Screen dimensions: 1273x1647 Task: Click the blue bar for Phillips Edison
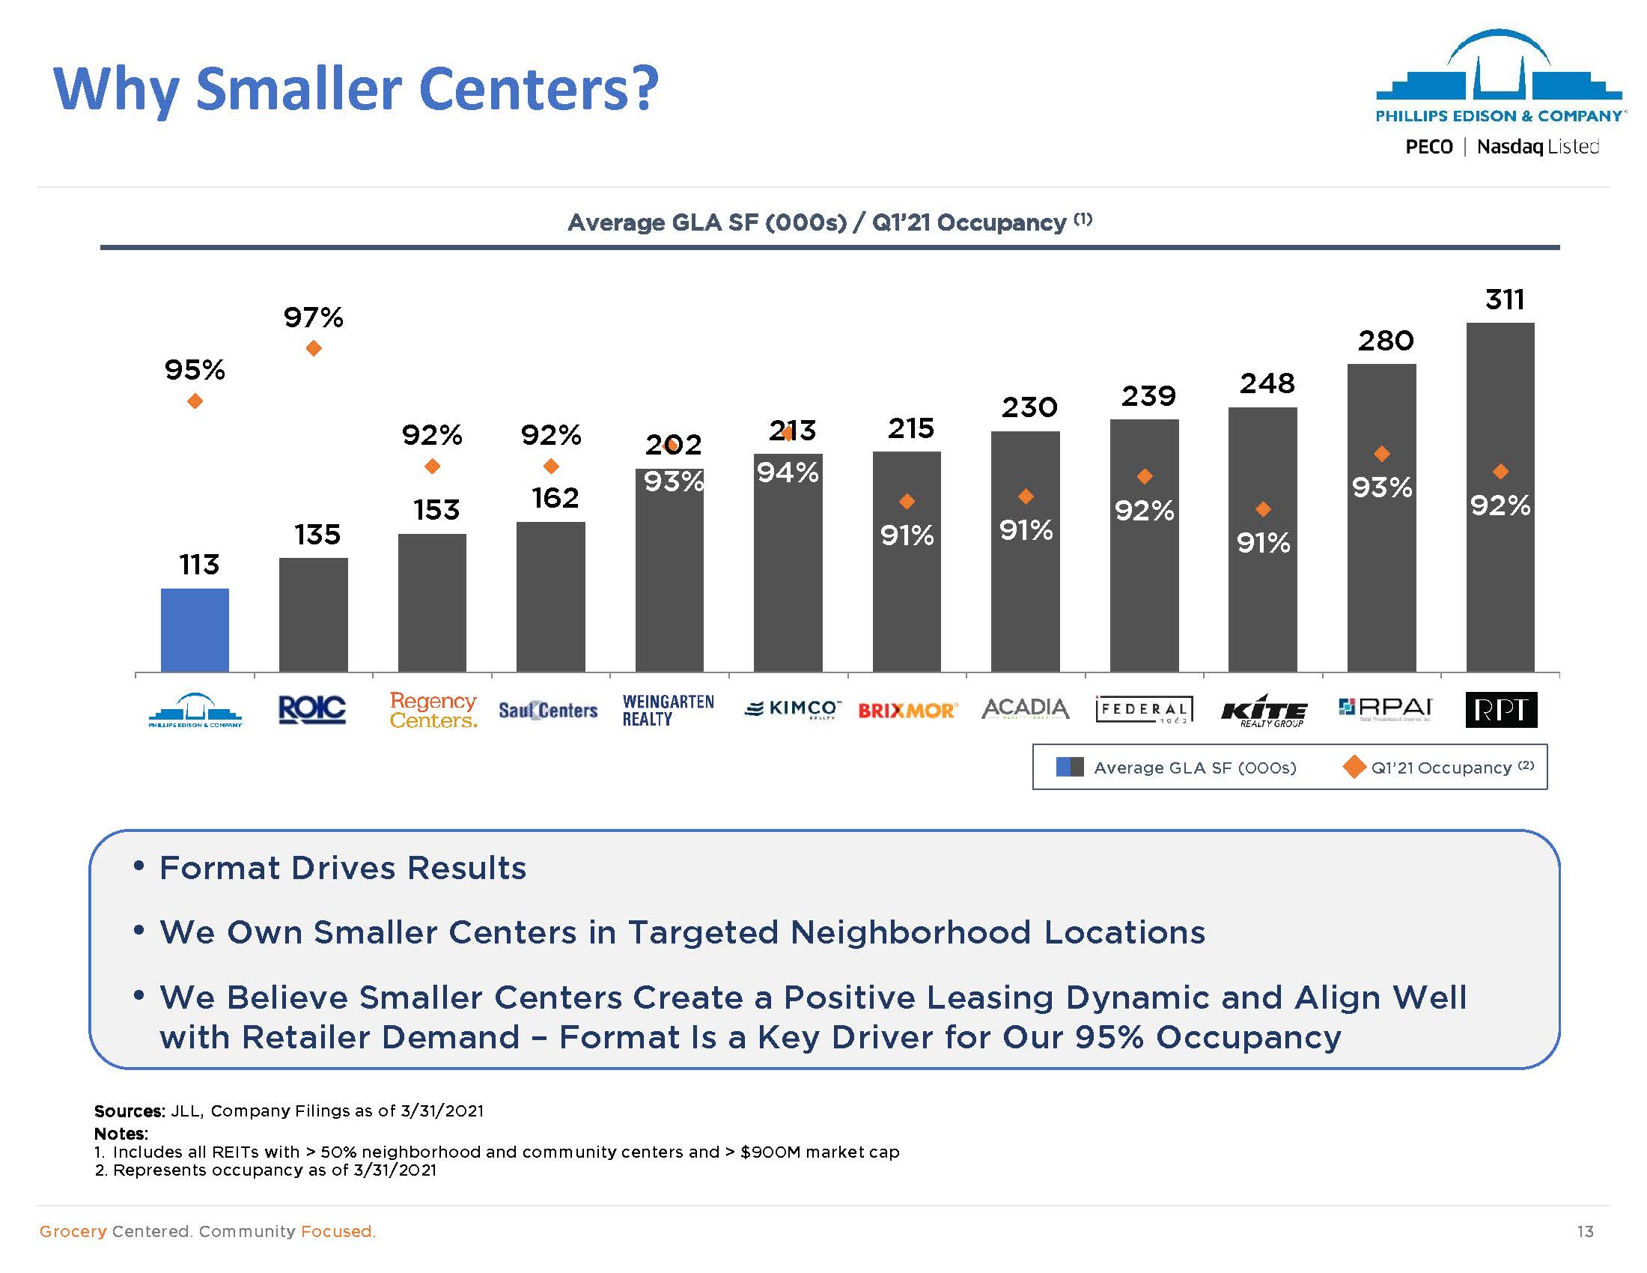point(195,630)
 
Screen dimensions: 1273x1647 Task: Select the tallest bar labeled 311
point(1500,498)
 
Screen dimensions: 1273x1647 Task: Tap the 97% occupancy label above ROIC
point(313,318)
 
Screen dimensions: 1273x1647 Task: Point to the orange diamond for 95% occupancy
point(195,401)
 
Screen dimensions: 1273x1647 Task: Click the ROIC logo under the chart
point(312,710)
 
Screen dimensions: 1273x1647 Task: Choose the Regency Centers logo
point(433,711)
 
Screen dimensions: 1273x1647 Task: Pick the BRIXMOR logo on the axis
point(907,711)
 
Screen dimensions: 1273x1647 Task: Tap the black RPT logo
point(1501,710)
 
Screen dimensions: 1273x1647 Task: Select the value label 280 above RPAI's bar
point(1386,341)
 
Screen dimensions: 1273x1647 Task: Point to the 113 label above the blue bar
point(199,564)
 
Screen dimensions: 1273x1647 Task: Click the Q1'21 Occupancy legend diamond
point(1354,767)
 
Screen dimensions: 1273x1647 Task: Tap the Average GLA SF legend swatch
point(1069,767)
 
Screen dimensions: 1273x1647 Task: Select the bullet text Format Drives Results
point(342,868)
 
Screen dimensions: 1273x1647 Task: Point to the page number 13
point(1584,1231)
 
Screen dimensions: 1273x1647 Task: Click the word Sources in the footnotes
point(129,1111)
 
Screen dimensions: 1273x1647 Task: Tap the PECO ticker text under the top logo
point(1428,146)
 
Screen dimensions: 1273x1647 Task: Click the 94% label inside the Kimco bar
point(788,473)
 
